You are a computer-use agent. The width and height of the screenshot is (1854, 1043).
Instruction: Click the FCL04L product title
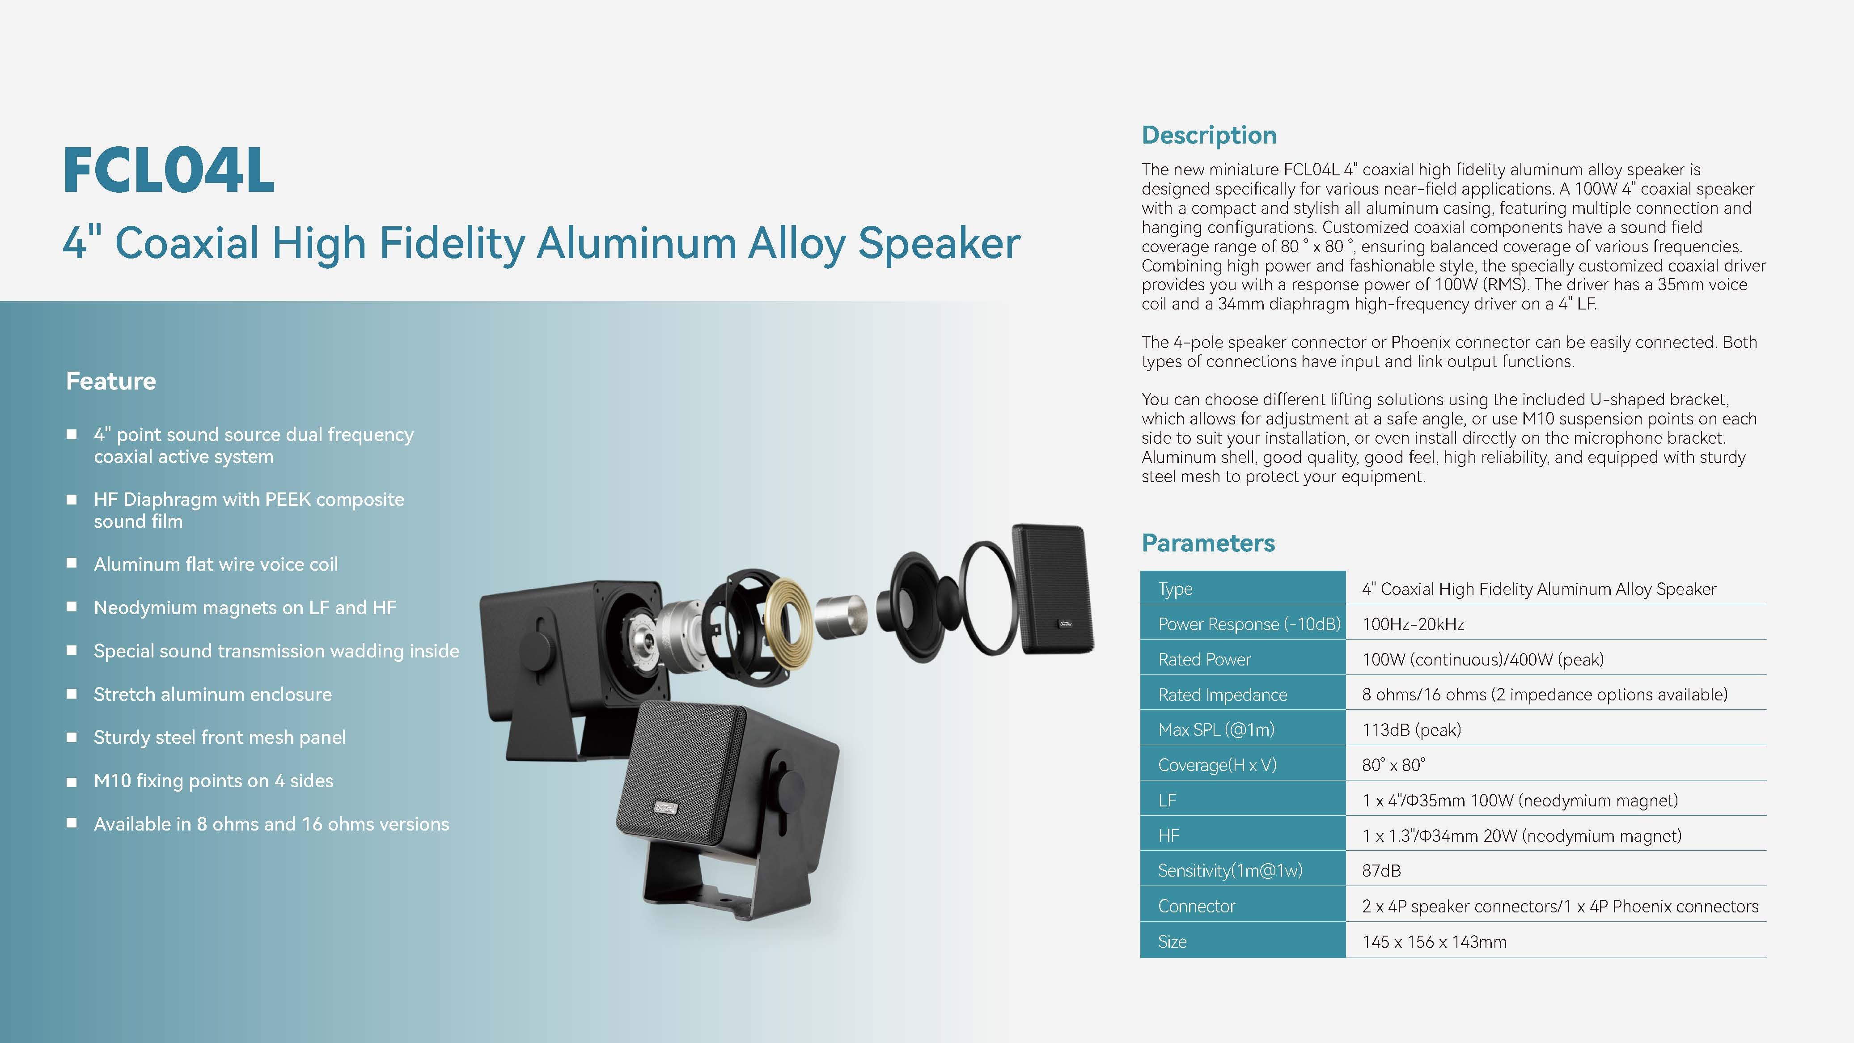coord(169,170)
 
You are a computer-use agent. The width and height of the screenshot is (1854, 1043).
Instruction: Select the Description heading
coord(1209,136)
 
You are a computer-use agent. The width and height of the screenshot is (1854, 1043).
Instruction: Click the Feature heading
coord(111,381)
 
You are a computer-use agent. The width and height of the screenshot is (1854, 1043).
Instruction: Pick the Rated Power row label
coord(1204,659)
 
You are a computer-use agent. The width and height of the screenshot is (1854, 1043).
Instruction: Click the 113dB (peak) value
coord(1411,730)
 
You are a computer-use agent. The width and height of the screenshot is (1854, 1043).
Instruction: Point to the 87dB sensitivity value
coord(1381,871)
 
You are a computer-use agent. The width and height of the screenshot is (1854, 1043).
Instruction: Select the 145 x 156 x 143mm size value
coord(1434,941)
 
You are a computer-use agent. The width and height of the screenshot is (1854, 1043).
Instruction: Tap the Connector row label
coord(1196,906)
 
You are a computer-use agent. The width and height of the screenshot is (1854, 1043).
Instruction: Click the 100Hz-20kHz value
coord(1413,624)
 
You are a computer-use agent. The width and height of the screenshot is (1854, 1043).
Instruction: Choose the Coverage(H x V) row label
coord(1217,765)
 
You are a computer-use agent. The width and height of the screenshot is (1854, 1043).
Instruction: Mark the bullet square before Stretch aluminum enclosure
coord(71,694)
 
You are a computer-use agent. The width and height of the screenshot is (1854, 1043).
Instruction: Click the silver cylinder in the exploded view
coord(841,617)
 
